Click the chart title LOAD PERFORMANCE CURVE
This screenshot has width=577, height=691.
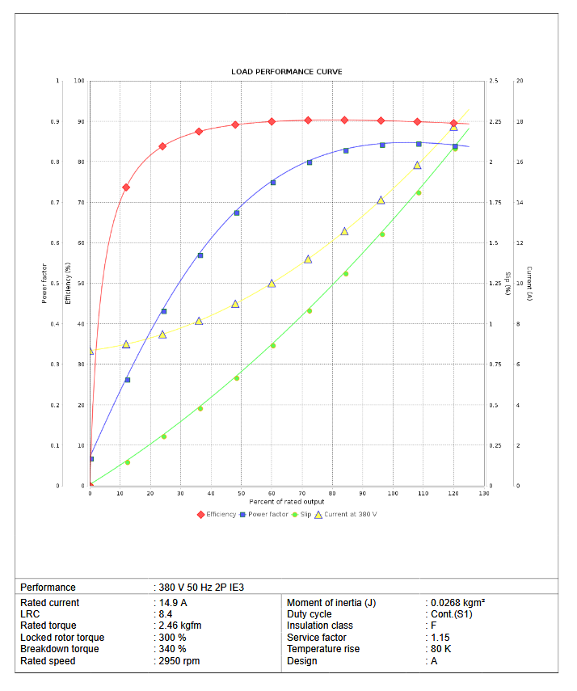(287, 72)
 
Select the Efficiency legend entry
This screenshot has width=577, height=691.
(218, 514)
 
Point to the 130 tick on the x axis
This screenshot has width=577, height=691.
(483, 493)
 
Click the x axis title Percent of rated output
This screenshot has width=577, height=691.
(287, 502)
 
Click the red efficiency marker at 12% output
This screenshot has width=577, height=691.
(126, 187)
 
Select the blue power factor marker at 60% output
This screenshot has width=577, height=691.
(273, 183)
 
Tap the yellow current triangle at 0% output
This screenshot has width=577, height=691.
(91, 351)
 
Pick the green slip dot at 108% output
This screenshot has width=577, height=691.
(419, 192)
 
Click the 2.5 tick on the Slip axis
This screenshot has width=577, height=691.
(494, 81)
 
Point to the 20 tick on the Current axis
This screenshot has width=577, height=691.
(520, 81)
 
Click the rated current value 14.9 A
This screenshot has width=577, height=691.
(173, 603)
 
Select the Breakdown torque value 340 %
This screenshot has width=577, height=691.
(172, 649)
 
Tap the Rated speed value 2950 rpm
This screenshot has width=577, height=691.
(179, 661)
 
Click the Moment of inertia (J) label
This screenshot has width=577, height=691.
(331, 603)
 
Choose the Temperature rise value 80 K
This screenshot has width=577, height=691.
(440, 649)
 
